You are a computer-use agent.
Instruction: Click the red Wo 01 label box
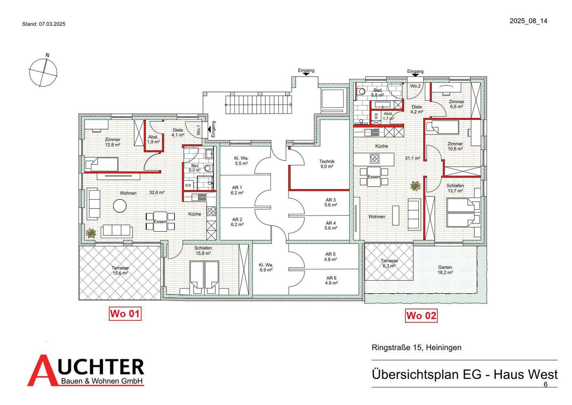point(125,313)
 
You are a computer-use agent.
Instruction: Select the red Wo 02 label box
point(421,315)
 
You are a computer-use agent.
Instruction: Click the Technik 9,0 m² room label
point(327,164)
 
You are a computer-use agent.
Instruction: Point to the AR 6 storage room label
point(331,280)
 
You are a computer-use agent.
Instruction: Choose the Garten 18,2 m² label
point(445,270)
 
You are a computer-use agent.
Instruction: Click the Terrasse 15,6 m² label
point(120,271)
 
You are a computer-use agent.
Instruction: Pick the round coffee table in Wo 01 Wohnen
point(120,206)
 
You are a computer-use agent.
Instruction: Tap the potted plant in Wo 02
point(416,186)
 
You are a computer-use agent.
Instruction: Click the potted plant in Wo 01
point(91,233)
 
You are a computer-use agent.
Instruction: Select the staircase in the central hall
point(258,104)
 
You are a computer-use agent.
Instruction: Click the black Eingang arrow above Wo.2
point(415,75)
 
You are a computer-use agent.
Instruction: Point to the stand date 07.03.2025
point(52,24)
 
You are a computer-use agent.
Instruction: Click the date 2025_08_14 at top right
point(529,21)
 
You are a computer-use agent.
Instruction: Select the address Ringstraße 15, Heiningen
point(416,347)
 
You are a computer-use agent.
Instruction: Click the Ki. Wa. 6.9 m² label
point(266,267)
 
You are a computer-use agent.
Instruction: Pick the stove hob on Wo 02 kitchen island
point(375,159)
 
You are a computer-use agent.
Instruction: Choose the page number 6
point(546,384)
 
